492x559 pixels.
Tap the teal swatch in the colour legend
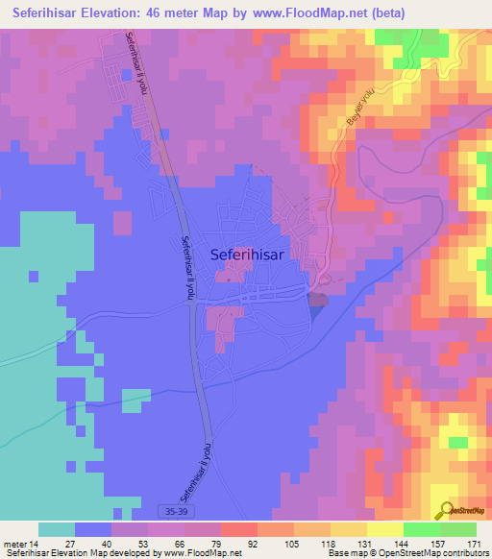pos(57,529)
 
